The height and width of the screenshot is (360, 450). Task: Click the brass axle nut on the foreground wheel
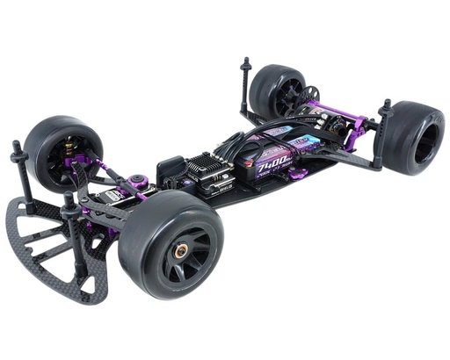182,251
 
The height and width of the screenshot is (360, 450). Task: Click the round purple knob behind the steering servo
137,184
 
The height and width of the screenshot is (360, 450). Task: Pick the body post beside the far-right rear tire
383,132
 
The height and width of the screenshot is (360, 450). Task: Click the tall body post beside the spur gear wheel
244,83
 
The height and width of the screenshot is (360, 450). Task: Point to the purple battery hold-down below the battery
296,174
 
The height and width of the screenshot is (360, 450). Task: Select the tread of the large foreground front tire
141,246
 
